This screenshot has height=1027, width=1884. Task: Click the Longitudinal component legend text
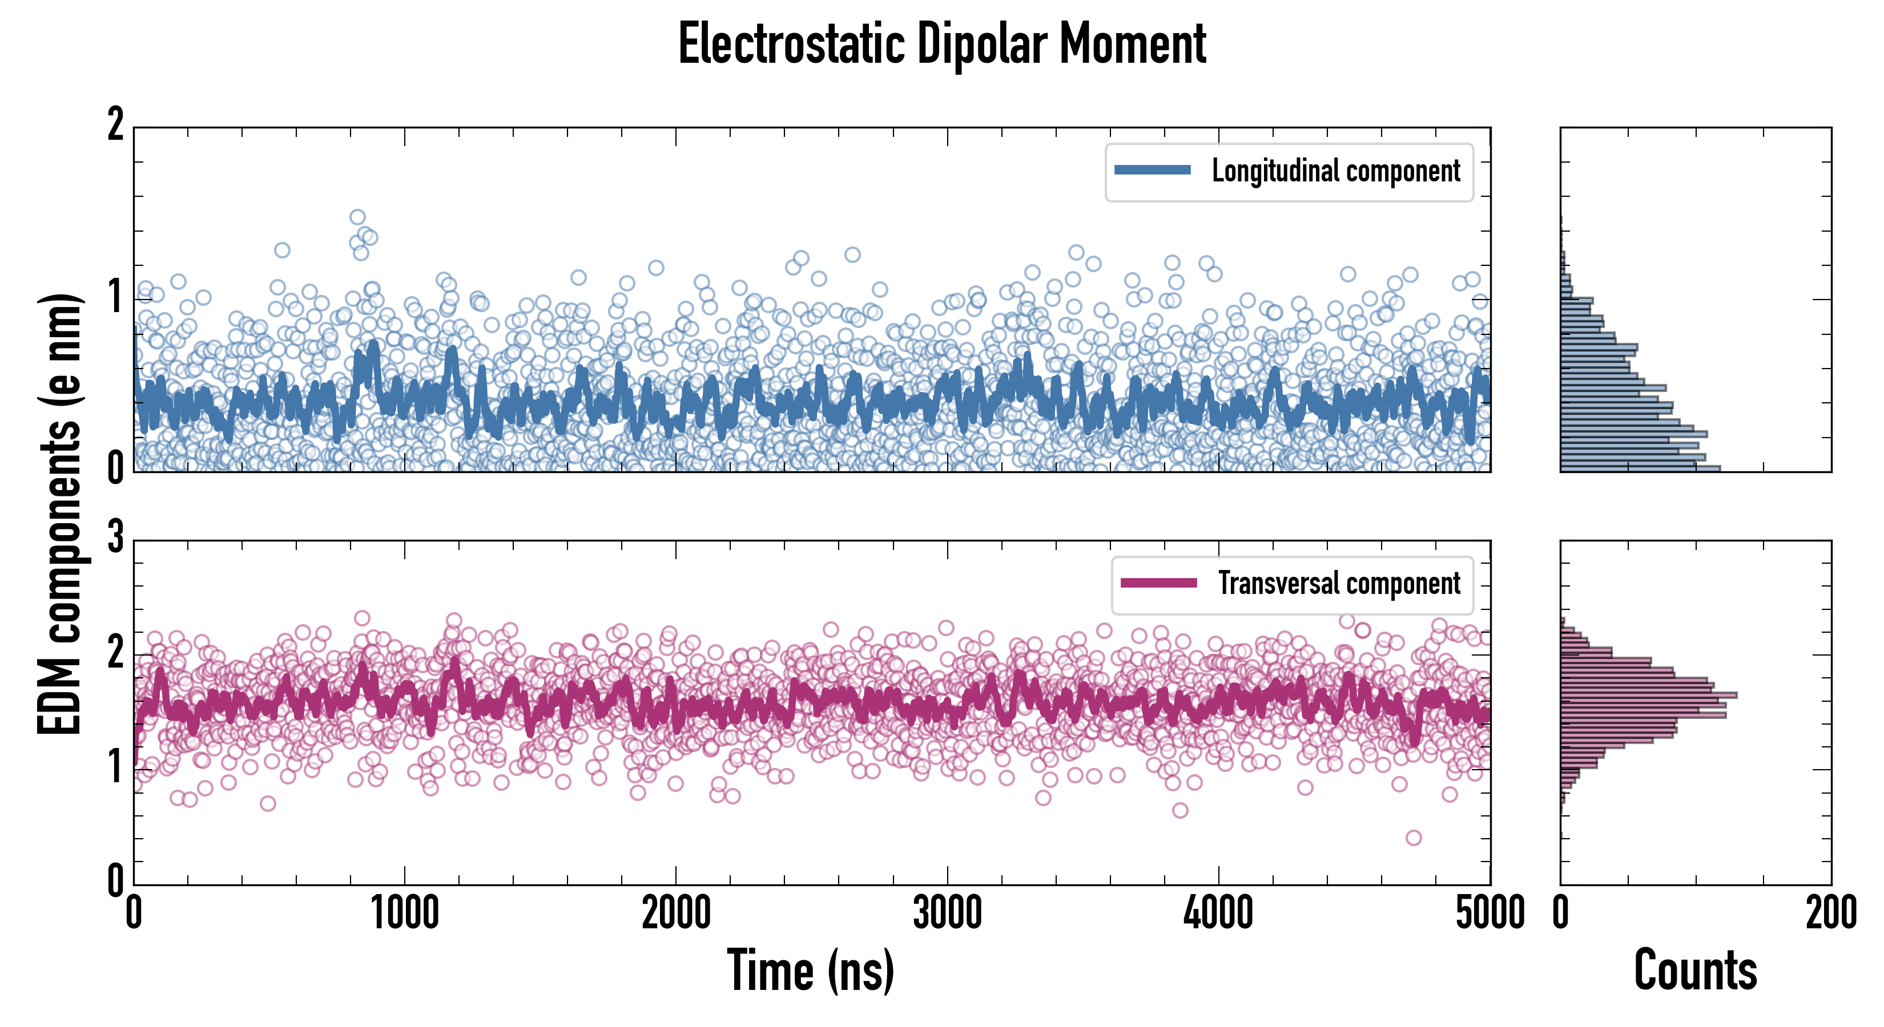pos(1335,171)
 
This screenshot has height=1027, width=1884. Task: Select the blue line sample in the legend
pos(1152,171)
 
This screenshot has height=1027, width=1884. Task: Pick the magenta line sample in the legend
pos(1158,583)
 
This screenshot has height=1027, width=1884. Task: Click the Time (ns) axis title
pos(810,970)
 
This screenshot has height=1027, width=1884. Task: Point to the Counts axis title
pos(1695,970)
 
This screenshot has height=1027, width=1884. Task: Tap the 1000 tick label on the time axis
pos(404,913)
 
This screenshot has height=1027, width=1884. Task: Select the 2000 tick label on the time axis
pos(676,913)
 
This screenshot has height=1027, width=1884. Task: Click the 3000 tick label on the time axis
pos(947,913)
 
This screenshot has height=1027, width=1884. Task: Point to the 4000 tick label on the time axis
pos(1218,913)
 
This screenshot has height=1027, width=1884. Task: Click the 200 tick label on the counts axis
pos(1830,913)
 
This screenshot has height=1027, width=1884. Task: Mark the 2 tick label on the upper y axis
pos(115,124)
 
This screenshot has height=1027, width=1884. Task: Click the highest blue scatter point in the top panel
pos(357,217)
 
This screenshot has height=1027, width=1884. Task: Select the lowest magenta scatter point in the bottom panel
pos(1414,838)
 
